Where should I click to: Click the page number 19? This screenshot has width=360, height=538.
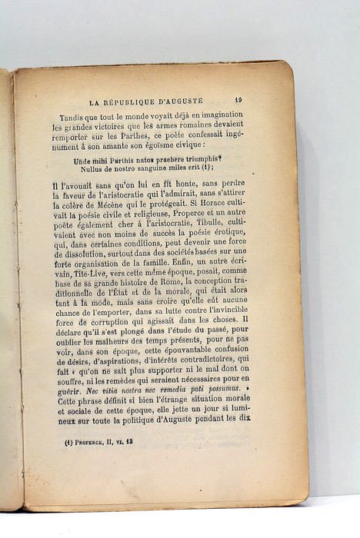238,99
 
